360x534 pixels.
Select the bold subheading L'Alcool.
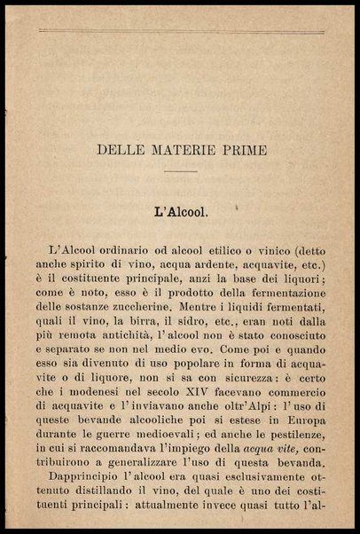(181, 212)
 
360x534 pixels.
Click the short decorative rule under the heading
(181, 171)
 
